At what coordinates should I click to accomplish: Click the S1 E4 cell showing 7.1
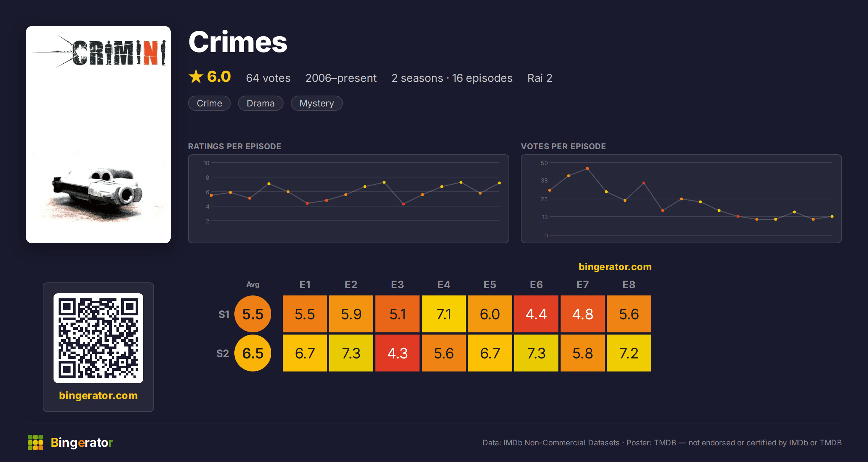pos(443,314)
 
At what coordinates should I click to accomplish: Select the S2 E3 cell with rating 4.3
pos(397,353)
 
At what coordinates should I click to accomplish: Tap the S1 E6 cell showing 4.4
pos(536,314)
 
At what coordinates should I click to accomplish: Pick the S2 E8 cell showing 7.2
pos(629,353)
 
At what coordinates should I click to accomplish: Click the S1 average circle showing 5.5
pos(253,314)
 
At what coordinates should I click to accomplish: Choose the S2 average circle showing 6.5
pos(253,353)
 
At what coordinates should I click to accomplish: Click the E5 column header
pos(490,285)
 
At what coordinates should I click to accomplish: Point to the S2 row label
pos(222,353)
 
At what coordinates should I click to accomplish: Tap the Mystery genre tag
pos(316,103)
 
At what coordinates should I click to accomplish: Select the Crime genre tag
pos(209,103)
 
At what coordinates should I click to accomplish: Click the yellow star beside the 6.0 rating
pos(196,76)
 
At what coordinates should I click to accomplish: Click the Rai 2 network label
pos(540,78)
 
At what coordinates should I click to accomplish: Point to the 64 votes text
pos(268,78)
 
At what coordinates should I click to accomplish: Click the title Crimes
pos(238,42)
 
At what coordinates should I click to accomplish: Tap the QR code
pos(98,338)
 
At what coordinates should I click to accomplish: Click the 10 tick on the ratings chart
pos(206,163)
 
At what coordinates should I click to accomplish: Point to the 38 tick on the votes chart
pos(544,180)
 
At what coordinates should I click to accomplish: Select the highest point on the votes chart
pos(587,168)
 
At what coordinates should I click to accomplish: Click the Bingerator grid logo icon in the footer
pos(35,442)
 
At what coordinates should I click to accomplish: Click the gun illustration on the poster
pos(98,190)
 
